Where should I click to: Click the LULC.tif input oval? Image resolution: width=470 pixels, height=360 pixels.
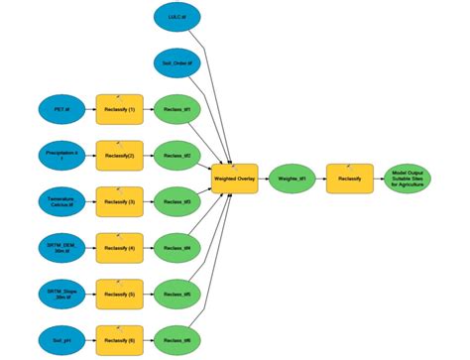click(178, 18)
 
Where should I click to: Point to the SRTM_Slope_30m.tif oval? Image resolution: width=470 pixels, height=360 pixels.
click(62, 293)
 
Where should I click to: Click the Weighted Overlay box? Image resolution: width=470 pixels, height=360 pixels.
click(235, 180)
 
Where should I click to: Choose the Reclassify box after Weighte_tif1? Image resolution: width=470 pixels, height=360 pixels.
click(349, 180)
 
